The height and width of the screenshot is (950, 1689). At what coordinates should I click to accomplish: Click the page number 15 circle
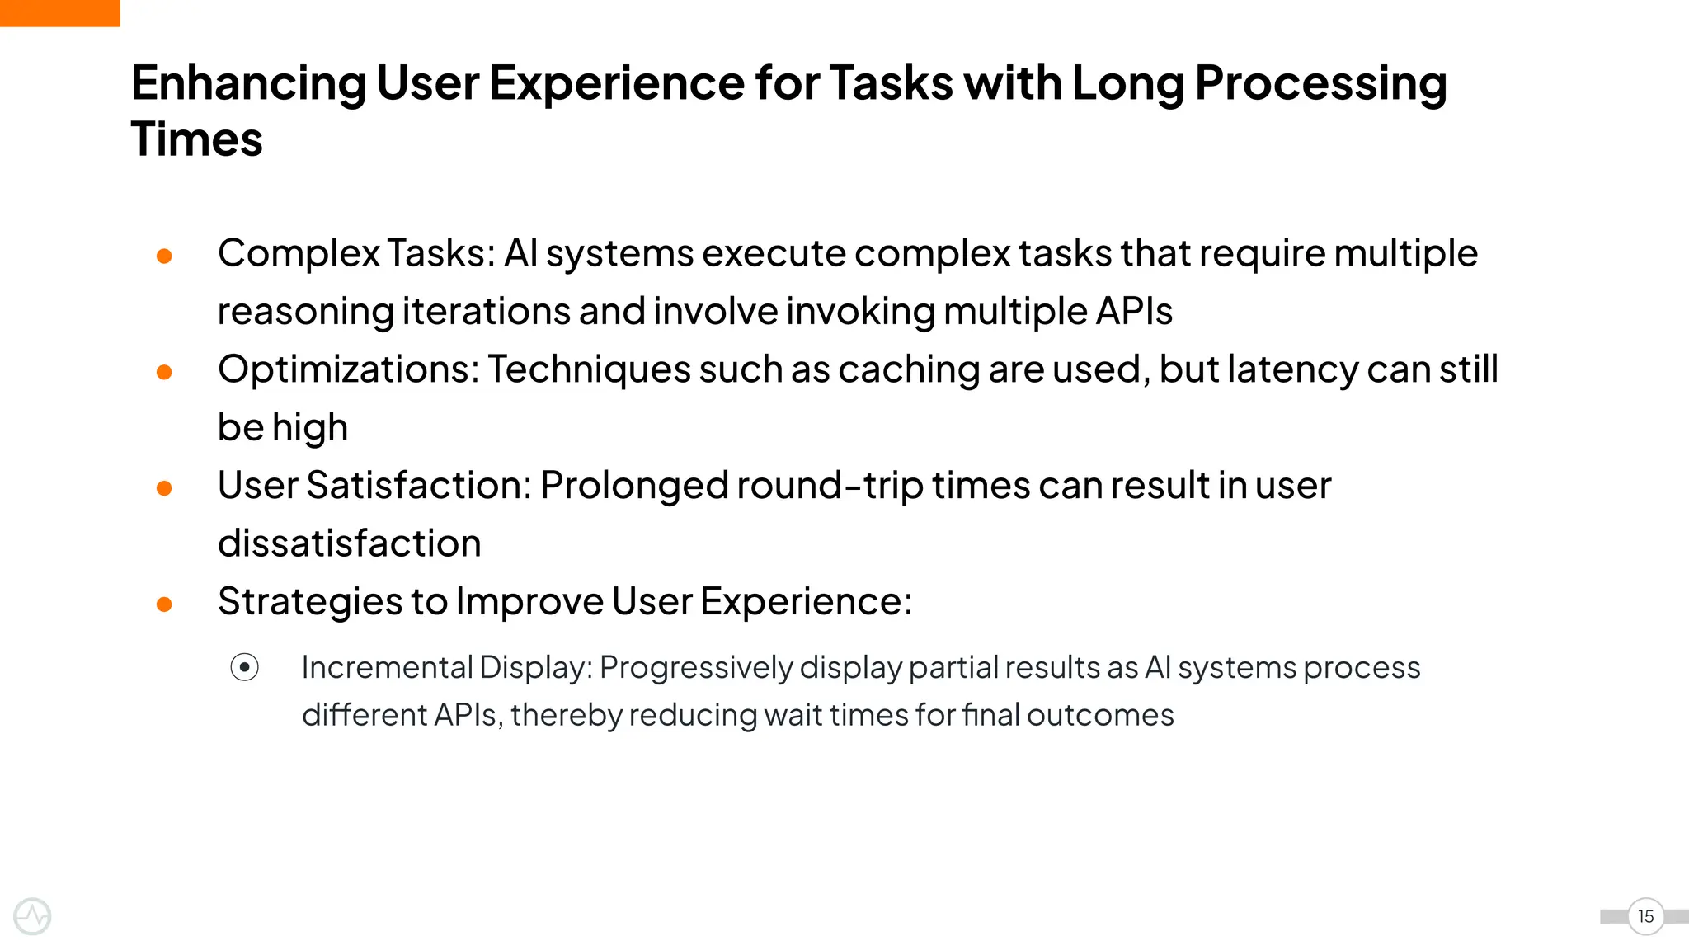pos(1645,916)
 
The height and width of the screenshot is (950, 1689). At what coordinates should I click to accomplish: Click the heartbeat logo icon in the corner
pos(33,916)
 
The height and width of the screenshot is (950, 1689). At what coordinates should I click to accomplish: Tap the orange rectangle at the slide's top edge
pos(59,12)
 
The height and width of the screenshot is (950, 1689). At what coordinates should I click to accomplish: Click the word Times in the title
pos(196,139)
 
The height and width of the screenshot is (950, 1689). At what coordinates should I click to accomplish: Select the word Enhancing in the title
pos(247,83)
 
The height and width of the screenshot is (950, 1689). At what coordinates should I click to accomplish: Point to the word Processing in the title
pos(1320,83)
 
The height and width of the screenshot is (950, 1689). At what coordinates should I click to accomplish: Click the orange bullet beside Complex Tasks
pos(164,256)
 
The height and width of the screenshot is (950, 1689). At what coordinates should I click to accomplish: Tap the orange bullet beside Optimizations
pos(164,373)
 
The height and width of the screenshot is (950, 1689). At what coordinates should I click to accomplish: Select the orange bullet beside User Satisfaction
pos(164,489)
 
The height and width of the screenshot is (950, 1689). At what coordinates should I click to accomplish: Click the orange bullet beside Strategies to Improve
pos(164,605)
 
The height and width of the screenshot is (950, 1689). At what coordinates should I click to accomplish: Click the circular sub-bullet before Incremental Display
pos(245,667)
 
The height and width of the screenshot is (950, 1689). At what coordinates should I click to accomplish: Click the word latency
pos(1292,369)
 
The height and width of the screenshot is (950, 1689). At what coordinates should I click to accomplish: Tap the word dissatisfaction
pos(349,543)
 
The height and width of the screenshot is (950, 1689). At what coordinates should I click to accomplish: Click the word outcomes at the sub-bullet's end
pos(1100,715)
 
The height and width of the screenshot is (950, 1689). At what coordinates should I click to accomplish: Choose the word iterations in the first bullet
pos(486,312)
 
